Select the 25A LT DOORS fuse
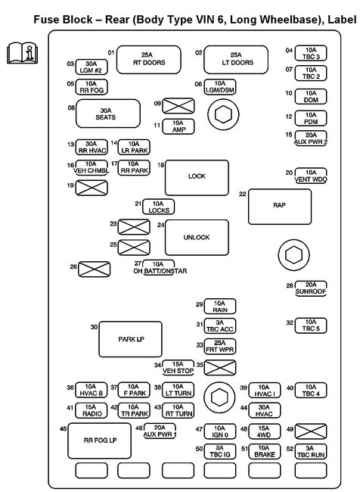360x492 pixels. pyautogui.click(x=236, y=59)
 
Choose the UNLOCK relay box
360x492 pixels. pyautogui.click(x=197, y=237)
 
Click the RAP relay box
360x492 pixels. pyautogui.click(x=280, y=204)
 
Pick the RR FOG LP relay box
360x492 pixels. pyautogui.click(x=100, y=441)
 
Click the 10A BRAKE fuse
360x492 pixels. pyautogui.click(x=265, y=450)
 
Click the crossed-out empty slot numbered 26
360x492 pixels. pyautogui.click(x=95, y=267)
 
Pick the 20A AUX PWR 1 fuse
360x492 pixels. pyautogui.click(x=160, y=431)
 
